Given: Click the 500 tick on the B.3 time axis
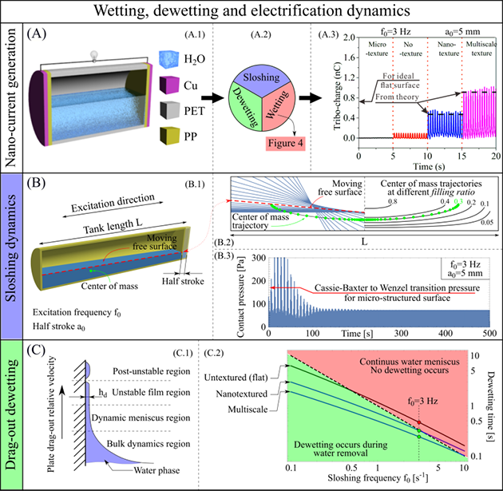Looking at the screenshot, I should coord(489,331).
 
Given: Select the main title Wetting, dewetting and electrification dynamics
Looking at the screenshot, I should coord(251,11).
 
